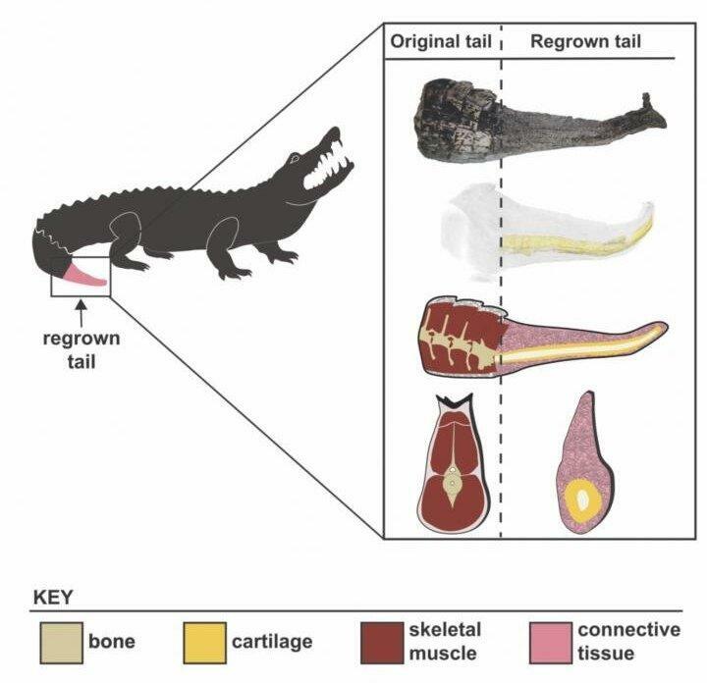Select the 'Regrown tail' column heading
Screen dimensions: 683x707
(585, 42)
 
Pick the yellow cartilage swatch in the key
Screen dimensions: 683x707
(203, 642)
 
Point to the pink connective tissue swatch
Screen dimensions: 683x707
(548, 642)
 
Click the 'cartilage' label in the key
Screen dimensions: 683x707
(272, 642)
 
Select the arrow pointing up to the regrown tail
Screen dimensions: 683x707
(82, 311)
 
